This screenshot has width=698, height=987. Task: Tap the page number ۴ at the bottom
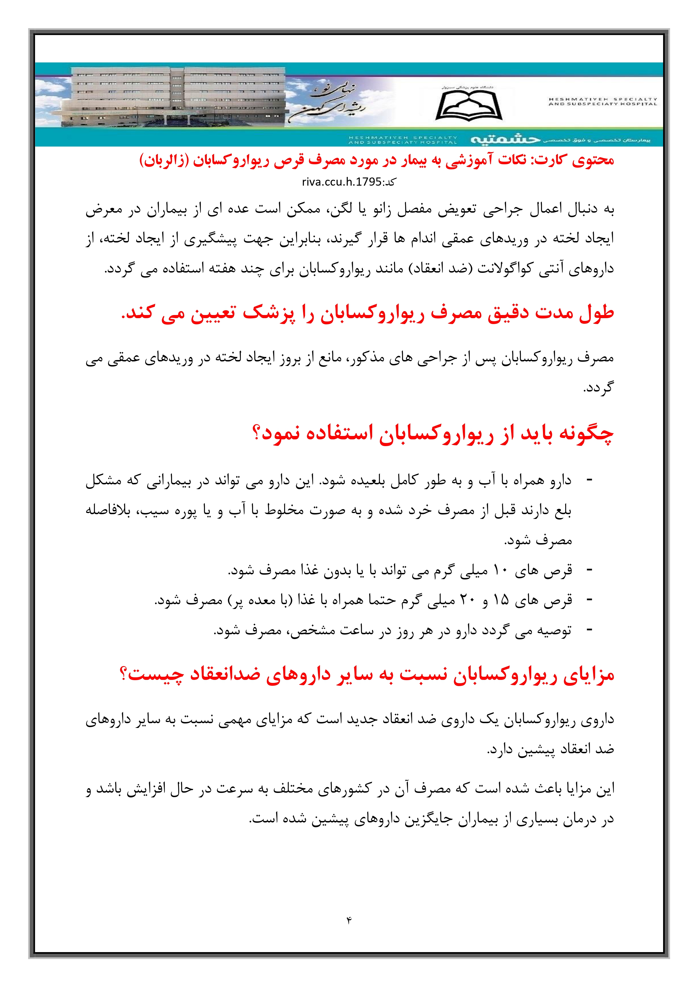349,919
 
